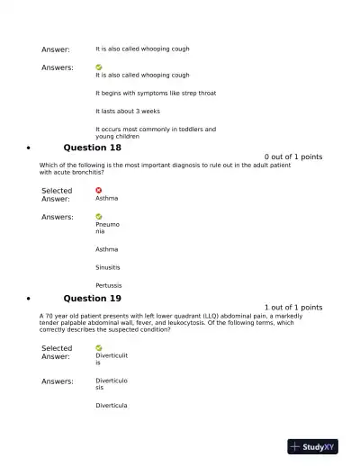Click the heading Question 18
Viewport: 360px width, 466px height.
[92, 148]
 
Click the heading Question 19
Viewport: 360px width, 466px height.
[92, 299]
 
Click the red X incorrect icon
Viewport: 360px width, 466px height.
[99, 190]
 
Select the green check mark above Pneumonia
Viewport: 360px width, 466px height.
[99, 216]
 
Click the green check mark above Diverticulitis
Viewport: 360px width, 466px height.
[99, 347]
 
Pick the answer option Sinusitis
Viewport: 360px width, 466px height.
[108, 267]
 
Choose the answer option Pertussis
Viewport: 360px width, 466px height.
[109, 285]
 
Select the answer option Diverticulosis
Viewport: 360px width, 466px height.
[112, 384]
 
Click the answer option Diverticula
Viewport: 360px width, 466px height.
[112, 406]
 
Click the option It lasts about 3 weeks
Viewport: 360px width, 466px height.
[128, 111]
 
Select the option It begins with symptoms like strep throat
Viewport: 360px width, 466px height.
[156, 93]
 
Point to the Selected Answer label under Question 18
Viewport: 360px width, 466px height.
[57, 194]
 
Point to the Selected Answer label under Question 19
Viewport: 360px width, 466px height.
[57, 352]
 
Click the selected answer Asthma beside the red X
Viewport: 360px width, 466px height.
[107, 198]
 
